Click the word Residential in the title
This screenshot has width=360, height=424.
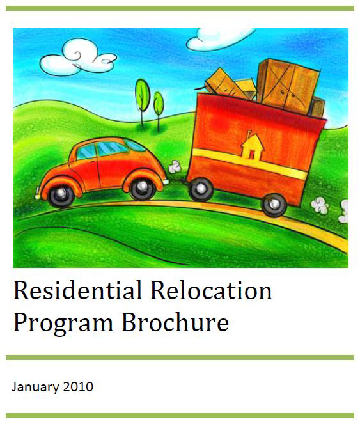pos(77,290)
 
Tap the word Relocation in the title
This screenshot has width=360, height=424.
pos(211,290)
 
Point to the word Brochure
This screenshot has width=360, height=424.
pos(175,321)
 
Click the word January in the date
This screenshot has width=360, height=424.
pos(35,387)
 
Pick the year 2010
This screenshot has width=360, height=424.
pos(78,387)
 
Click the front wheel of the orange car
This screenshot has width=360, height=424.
pos(61,194)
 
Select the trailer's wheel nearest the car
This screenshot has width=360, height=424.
pos(200,189)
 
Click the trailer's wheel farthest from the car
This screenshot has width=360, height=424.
pos(274,205)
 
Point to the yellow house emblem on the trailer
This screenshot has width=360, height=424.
pos(253,147)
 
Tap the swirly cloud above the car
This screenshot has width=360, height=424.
pos(78,58)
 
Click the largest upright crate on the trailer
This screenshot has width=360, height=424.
pos(288,86)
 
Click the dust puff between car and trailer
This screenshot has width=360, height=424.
pos(175,167)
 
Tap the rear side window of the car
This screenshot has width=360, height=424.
pos(136,146)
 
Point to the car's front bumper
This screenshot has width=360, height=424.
pos(38,193)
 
